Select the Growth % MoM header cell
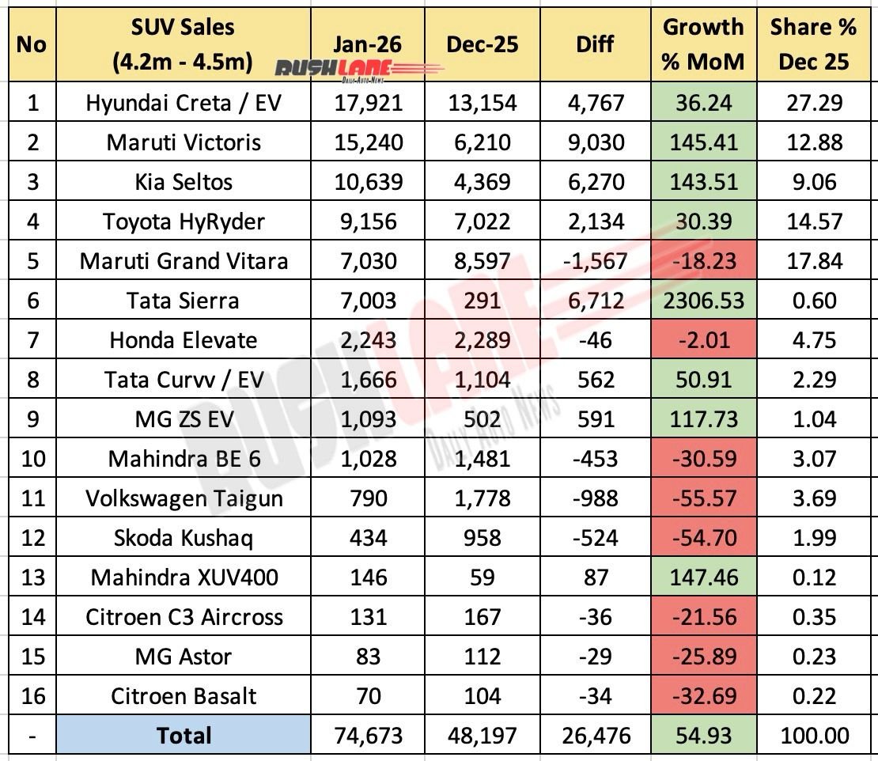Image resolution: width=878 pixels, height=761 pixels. (x=703, y=44)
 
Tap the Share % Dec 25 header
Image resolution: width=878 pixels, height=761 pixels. (x=814, y=44)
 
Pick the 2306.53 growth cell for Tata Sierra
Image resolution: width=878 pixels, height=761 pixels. (x=703, y=301)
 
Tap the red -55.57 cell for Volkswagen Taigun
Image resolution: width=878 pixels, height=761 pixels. (x=703, y=499)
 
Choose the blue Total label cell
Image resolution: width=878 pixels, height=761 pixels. (x=184, y=736)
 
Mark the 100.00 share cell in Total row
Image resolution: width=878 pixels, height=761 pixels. (x=814, y=736)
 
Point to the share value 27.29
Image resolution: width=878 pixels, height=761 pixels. (x=814, y=103)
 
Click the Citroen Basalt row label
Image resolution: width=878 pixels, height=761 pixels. (x=184, y=696)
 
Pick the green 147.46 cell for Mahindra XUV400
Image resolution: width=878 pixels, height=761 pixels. (x=703, y=577)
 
